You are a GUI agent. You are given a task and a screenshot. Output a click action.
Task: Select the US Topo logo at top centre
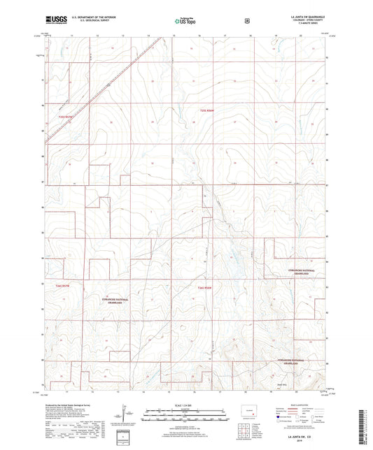click(185, 22)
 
